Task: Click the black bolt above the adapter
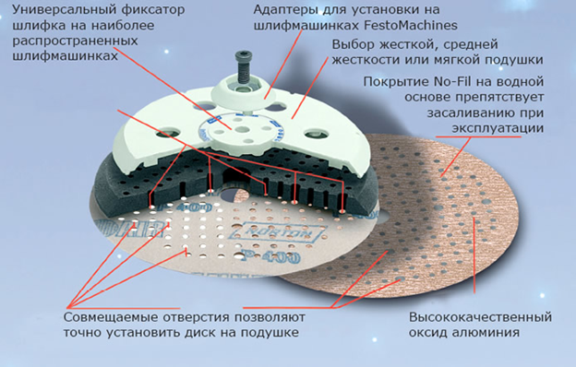pos(242,67)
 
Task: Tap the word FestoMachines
pos(411,26)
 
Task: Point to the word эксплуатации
pos(498,128)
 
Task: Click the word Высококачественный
pos(481,317)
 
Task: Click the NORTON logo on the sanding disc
pos(279,232)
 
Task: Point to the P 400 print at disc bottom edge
pos(270,255)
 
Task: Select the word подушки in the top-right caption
pos(513,60)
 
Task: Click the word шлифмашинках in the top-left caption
pos(65,56)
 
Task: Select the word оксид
pos(427,333)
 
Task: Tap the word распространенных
pos(75,41)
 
